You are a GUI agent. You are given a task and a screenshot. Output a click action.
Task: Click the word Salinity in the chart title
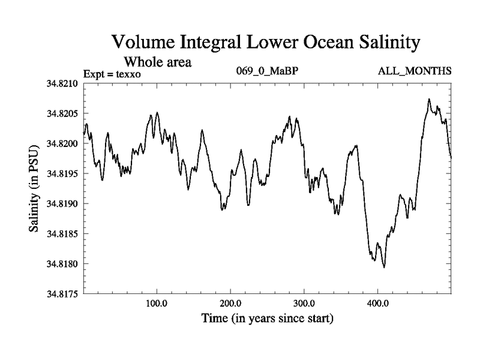(x=382, y=43)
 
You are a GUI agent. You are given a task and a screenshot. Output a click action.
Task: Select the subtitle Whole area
(x=157, y=61)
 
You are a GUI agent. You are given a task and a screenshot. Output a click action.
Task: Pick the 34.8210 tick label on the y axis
(x=62, y=84)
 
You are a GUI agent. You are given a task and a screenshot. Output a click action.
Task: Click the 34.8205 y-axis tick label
(x=62, y=114)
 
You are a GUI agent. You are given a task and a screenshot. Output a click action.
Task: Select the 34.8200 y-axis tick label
(x=62, y=144)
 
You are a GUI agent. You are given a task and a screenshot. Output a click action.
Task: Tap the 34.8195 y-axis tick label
(x=62, y=174)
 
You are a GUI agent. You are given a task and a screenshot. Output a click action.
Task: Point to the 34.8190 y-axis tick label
(x=62, y=204)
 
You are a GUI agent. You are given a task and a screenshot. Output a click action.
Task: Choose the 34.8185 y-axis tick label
(x=62, y=234)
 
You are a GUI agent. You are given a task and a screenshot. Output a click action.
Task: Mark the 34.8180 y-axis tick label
(x=62, y=264)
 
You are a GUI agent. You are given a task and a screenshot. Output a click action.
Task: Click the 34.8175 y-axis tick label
(x=62, y=294)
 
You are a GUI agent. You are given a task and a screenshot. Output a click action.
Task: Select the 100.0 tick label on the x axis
(x=157, y=304)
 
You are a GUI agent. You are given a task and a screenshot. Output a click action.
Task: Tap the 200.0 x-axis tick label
(x=230, y=304)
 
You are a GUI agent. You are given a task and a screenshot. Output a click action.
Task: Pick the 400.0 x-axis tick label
(x=378, y=304)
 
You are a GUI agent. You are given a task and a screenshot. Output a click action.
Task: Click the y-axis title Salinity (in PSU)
(x=34, y=188)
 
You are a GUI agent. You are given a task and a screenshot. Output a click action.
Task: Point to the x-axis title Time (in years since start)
(x=267, y=318)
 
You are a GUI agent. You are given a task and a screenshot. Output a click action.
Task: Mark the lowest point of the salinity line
(x=384, y=268)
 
